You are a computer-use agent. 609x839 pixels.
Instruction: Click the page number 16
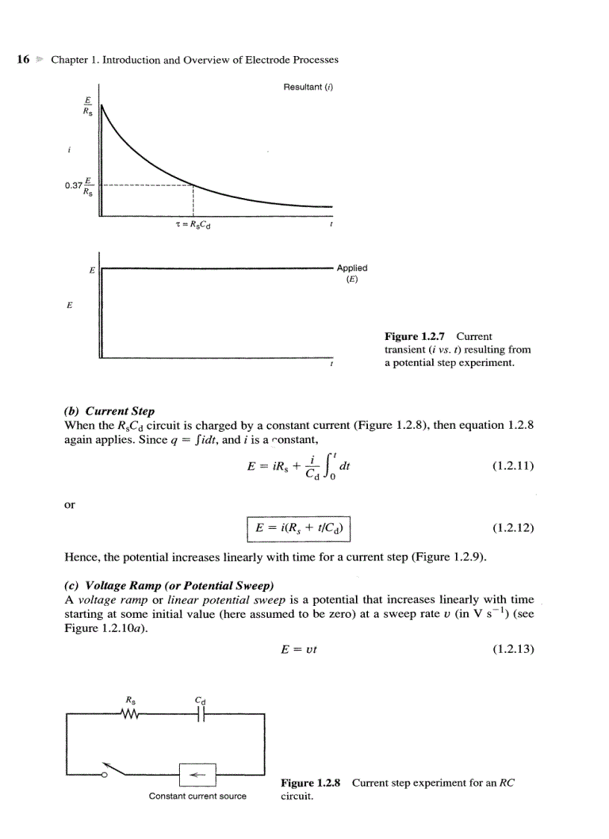click(22, 59)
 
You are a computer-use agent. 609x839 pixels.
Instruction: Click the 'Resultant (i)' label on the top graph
click(307, 87)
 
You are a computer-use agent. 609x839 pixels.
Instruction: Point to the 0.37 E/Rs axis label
click(79, 185)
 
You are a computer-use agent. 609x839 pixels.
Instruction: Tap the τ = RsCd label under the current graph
click(193, 225)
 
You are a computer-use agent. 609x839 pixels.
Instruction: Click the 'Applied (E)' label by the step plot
click(352, 273)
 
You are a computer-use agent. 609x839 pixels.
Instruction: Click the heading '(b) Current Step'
click(110, 412)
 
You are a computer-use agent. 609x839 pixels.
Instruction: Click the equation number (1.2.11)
click(513, 466)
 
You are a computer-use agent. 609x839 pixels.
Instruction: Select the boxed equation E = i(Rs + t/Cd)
click(299, 528)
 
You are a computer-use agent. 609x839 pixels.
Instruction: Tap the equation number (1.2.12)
click(513, 528)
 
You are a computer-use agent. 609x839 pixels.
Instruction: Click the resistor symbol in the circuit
click(130, 714)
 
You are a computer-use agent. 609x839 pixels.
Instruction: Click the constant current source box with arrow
click(197, 774)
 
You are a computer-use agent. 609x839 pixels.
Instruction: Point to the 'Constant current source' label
click(197, 796)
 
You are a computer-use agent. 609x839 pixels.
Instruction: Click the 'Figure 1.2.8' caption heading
click(310, 783)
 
